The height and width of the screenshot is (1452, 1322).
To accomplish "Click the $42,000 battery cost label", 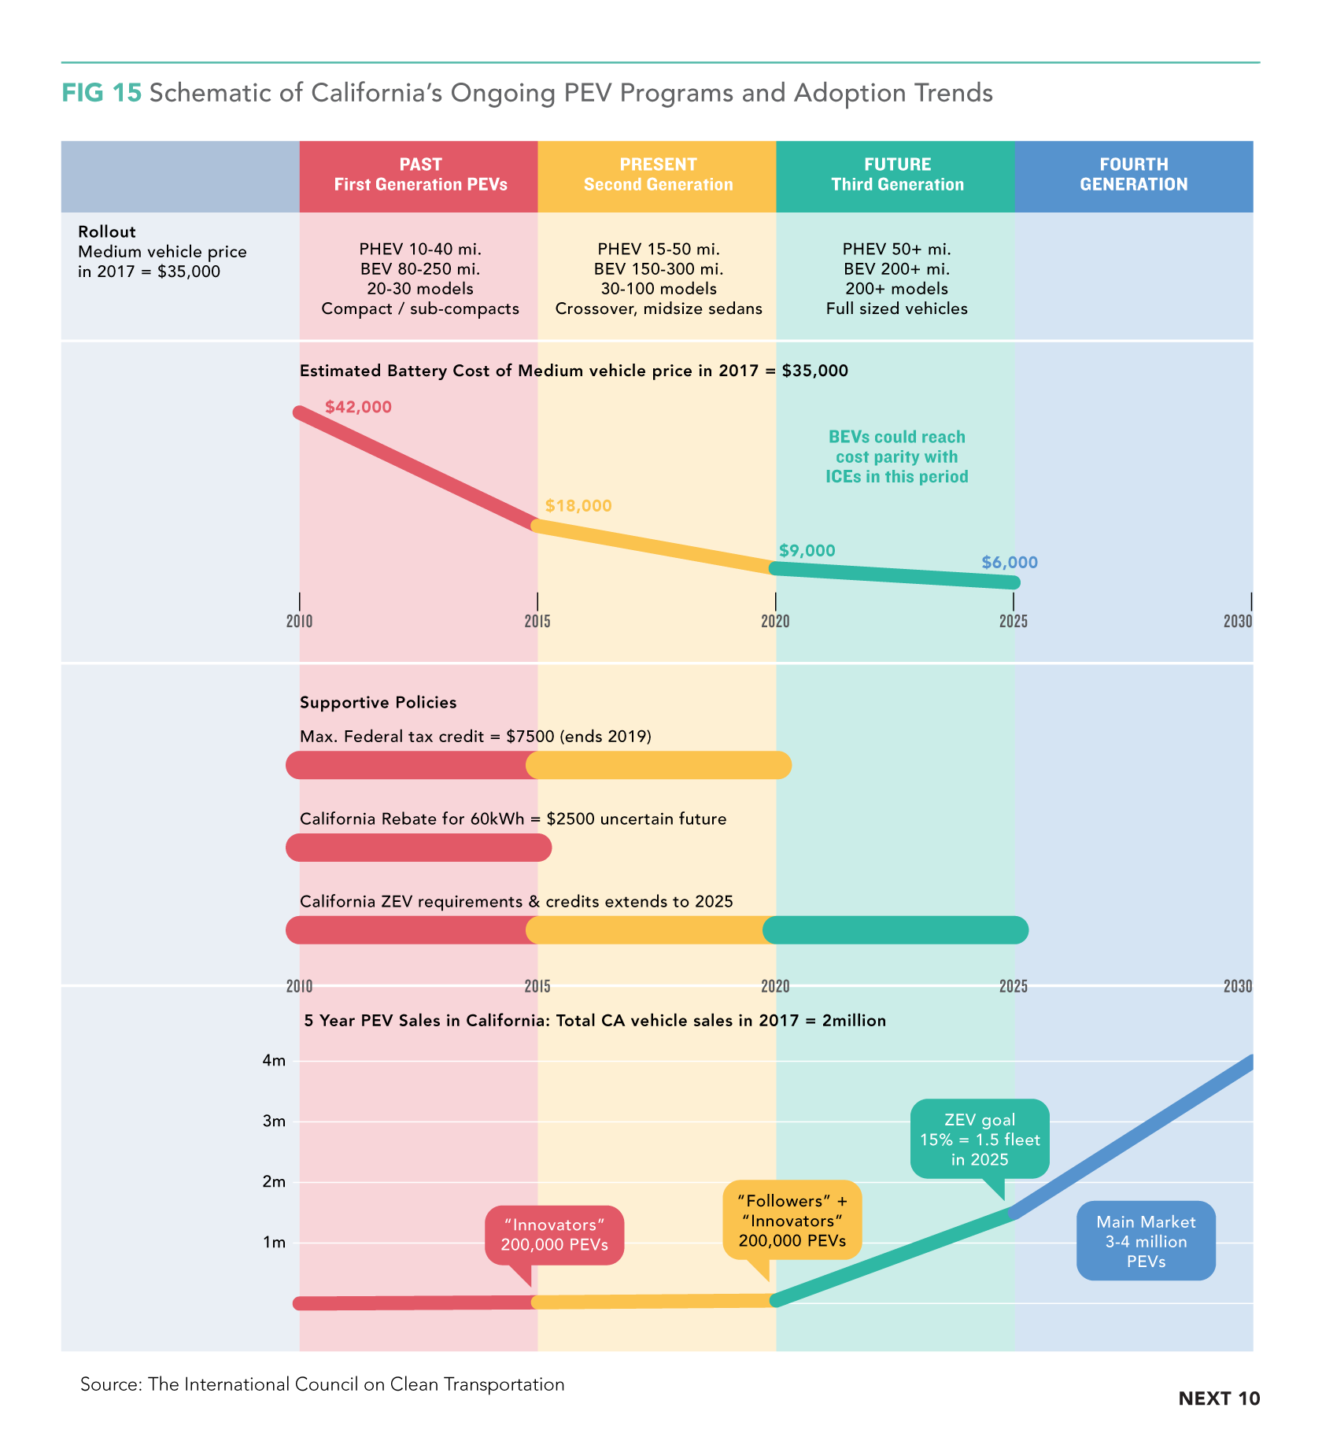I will click(x=358, y=407).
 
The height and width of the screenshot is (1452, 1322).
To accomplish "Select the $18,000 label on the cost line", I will click(x=578, y=506).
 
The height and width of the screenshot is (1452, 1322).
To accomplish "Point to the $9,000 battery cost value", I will click(x=807, y=551).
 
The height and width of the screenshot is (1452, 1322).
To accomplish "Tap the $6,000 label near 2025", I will click(x=1010, y=563).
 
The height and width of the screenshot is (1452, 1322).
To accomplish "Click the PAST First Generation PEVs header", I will click(x=420, y=175).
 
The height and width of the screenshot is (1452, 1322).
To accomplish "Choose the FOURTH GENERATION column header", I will click(x=1133, y=175).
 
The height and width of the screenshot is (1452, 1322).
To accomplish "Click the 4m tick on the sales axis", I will click(x=274, y=1061).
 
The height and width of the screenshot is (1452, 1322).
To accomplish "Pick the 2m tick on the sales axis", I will click(x=274, y=1182).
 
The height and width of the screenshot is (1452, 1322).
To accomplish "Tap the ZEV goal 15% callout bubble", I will click(x=980, y=1140).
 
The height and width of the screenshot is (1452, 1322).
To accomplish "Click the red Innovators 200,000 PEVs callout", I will click(x=555, y=1235).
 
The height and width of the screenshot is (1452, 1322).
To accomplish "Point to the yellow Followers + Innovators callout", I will click(x=792, y=1221).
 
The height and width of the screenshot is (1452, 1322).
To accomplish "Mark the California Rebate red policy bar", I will click(x=419, y=848).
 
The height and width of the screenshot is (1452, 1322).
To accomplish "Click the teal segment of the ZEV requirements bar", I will click(x=895, y=930).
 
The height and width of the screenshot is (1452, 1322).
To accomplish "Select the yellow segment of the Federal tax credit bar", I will click(x=659, y=765).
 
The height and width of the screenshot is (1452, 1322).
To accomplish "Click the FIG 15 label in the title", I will click(x=102, y=93).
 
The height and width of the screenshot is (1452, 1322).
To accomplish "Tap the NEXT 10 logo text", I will click(x=1219, y=1398).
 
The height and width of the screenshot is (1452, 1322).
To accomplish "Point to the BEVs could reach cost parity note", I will click(x=896, y=456).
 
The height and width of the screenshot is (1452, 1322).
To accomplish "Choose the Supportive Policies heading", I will click(x=378, y=703).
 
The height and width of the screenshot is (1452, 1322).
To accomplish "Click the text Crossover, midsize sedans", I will click(x=659, y=309).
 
